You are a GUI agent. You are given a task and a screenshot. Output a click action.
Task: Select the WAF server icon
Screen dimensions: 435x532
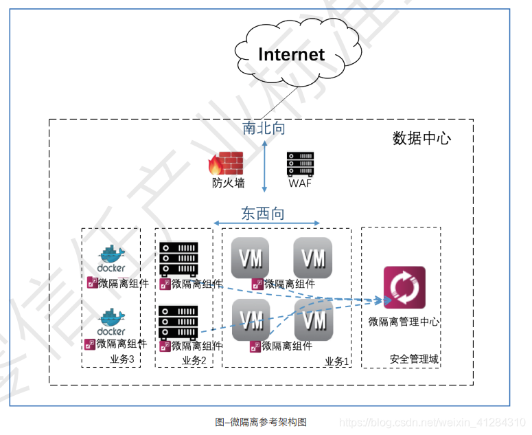point(300,164)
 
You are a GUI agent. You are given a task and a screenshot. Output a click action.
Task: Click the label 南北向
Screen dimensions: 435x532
point(264,128)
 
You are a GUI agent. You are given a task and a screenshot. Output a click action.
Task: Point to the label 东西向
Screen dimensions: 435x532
point(262,213)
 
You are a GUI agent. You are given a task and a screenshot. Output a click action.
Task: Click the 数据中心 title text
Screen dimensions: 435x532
point(421,138)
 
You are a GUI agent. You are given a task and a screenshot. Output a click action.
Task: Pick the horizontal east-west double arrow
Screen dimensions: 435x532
point(267,223)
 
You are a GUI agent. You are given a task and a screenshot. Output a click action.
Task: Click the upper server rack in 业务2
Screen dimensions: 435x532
point(178,258)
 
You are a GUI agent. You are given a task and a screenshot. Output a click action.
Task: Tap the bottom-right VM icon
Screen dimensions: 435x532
point(314,320)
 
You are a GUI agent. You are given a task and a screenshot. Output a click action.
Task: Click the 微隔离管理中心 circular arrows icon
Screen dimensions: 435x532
point(404,287)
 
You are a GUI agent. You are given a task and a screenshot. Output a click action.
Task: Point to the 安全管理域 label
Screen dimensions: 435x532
point(413,359)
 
